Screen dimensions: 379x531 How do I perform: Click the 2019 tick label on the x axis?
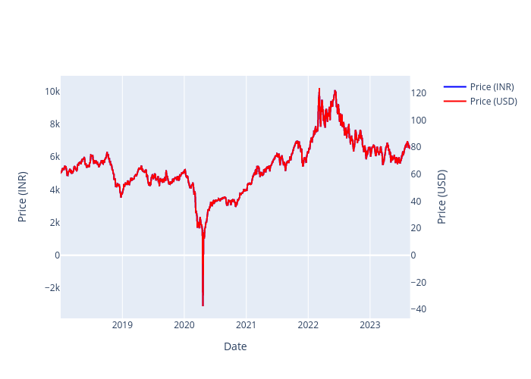point(122,325)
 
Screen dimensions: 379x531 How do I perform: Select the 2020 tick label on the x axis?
point(184,325)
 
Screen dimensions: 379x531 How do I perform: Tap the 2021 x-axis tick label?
point(246,325)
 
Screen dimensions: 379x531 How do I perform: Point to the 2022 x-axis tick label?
point(308,325)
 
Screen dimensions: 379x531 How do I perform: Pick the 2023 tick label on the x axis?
point(369,325)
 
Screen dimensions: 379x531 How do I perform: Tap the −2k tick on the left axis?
point(50,288)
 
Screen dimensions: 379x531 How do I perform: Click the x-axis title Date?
point(235,346)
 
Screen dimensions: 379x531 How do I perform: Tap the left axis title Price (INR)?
point(23,196)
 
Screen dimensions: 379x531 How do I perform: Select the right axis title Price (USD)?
point(442,196)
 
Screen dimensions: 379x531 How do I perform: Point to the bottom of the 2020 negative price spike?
point(203,305)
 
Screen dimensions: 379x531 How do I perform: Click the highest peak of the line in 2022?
point(319,89)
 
